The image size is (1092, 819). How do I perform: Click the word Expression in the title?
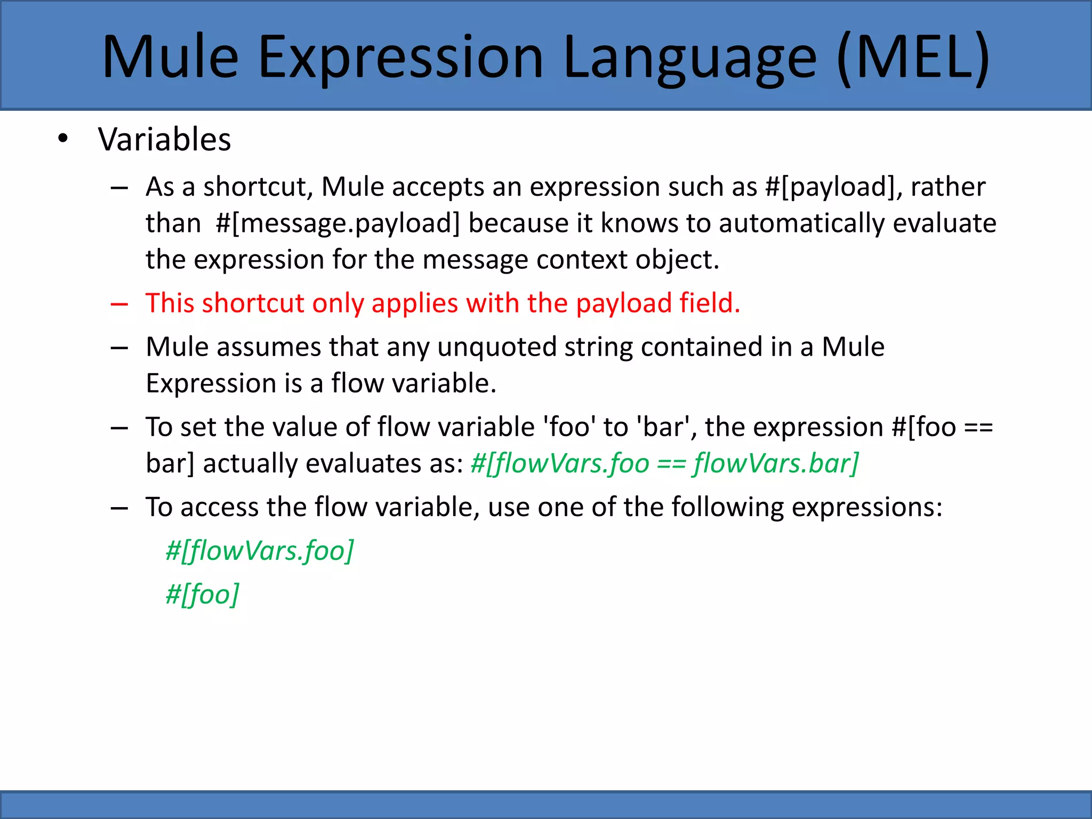[400, 58]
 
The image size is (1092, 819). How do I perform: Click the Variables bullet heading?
[164, 140]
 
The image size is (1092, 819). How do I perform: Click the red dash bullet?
[119, 304]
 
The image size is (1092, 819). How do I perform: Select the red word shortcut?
[253, 303]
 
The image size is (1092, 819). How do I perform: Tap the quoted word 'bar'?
[663, 427]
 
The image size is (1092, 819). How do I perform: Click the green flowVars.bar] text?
[776, 463]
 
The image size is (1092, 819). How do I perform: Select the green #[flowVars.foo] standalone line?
[260, 551]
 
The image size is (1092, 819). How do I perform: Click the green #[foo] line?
[203, 595]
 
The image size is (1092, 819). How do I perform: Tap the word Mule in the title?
[170, 58]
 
